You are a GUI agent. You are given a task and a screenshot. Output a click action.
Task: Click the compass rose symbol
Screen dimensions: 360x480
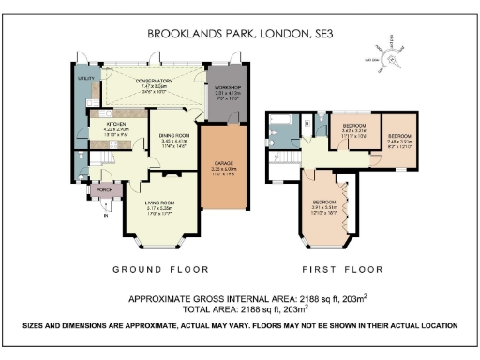point(391,54)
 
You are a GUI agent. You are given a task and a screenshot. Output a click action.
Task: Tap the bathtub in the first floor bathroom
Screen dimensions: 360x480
point(279,132)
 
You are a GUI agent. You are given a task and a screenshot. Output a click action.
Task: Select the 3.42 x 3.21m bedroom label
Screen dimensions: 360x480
point(353,126)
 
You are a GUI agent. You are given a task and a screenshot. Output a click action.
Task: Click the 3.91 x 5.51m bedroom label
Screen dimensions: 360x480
point(323,202)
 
